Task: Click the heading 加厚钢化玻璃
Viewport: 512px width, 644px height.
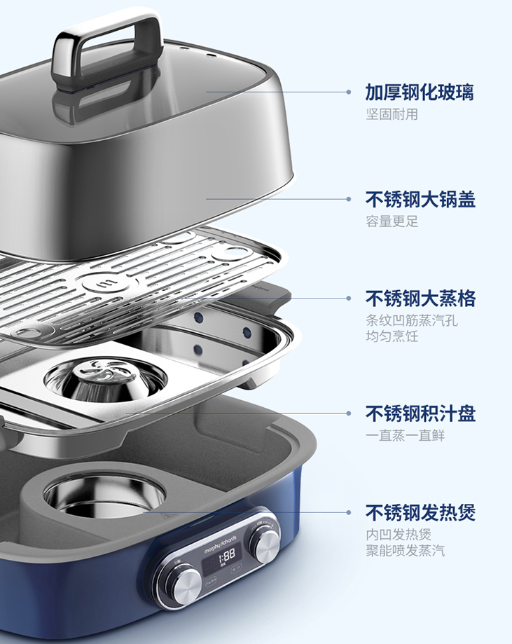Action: [x=420, y=92]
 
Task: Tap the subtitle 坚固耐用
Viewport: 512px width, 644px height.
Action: [x=392, y=114]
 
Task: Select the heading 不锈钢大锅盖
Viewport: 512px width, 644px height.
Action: [x=420, y=200]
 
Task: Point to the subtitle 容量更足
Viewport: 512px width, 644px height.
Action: [x=392, y=221]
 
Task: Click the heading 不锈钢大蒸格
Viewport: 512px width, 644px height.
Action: [x=420, y=299]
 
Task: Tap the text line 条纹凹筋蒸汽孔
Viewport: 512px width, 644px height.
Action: [x=411, y=320]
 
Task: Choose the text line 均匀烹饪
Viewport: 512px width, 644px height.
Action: [x=392, y=336]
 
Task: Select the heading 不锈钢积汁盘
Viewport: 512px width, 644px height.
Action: [x=420, y=413]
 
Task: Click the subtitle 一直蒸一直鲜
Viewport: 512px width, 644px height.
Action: [x=405, y=435]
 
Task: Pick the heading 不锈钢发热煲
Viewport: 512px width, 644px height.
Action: [x=420, y=512]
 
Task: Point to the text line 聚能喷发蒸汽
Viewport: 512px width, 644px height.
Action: [x=405, y=550]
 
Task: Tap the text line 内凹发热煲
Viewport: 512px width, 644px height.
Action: [x=399, y=534]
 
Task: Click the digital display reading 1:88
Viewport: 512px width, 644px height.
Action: [x=226, y=555]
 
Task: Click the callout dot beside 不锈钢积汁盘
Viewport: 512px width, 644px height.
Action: [x=349, y=413]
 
